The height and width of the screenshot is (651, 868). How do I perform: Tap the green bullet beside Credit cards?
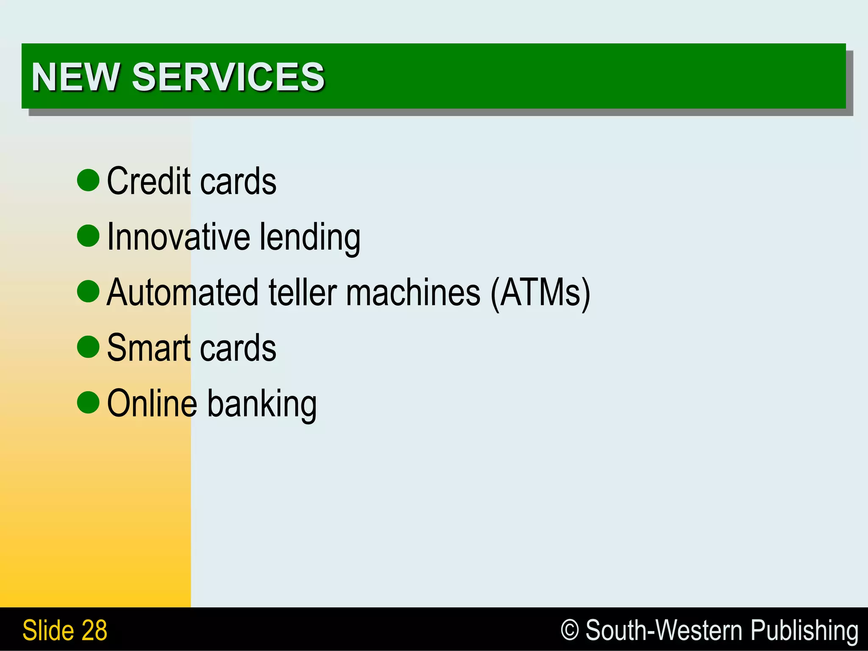pyautogui.click(x=88, y=180)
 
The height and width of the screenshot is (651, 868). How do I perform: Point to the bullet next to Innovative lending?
pyautogui.click(x=88, y=236)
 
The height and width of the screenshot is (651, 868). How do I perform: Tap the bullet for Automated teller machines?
pyautogui.click(x=88, y=291)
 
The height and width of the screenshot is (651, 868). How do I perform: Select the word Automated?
pyautogui.click(x=182, y=292)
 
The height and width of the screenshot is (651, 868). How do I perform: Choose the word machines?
pyautogui.click(x=413, y=292)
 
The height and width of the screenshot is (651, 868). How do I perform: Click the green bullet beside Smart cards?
pyautogui.click(x=88, y=347)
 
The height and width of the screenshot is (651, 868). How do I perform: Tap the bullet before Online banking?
pyautogui.click(x=88, y=402)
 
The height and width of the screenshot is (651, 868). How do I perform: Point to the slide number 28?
pyautogui.click(x=94, y=630)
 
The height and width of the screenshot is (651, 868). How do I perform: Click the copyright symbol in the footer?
pyautogui.click(x=570, y=630)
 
